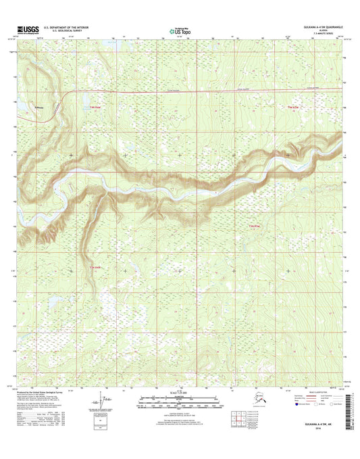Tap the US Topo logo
point(179,30)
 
